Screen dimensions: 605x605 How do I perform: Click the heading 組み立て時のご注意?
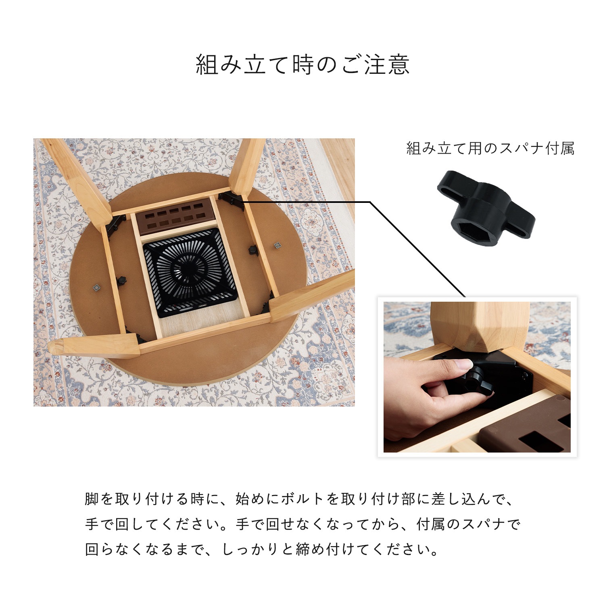(x=302, y=65)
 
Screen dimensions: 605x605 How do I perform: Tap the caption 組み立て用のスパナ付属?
(x=490, y=149)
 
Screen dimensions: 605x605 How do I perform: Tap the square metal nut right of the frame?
(x=277, y=245)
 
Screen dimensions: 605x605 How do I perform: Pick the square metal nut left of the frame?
(x=96, y=287)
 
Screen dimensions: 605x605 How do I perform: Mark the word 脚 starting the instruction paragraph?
(x=92, y=499)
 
